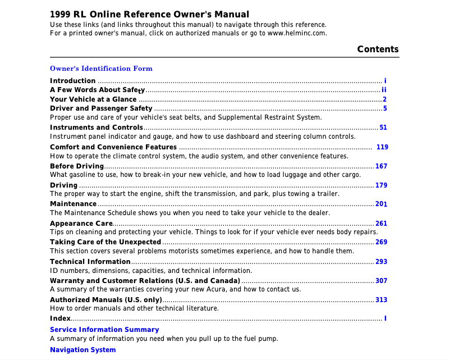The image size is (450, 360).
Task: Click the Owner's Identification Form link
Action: point(101,69)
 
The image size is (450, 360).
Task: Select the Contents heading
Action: point(378,49)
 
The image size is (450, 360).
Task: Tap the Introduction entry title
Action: point(72,81)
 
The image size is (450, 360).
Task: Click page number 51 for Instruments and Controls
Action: point(383,128)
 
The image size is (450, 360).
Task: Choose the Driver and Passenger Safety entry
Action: point(101,108)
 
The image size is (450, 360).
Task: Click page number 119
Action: point(382,147)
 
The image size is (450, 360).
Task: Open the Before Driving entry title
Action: point(77,166)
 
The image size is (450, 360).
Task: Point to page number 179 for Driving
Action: point(382,185)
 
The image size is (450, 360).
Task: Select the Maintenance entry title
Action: point(73,204)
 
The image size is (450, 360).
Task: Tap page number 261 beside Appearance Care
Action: point(382,224)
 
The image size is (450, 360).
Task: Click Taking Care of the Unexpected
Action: point(105,243)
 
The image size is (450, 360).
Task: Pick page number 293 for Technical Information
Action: point(382,262)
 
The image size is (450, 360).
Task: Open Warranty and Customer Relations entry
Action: point(145,281)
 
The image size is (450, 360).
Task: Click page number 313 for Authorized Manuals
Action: point(382,300)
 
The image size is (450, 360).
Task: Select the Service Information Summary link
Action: point(104,330)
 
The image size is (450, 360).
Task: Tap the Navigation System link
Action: point(82,350)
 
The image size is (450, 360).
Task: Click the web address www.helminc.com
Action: point(297,33)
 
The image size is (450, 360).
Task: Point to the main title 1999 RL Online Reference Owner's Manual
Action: point(149,15)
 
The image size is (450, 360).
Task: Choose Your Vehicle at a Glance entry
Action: point(93,99)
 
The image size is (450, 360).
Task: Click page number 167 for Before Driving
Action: point(382,166)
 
